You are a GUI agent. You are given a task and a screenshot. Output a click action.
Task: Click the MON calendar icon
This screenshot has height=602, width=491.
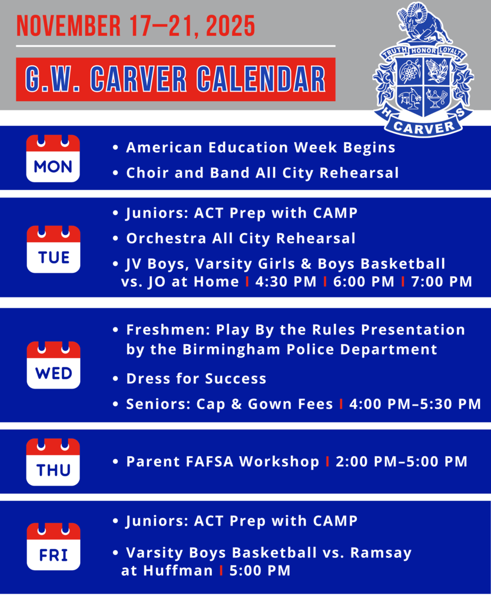click(53, 158)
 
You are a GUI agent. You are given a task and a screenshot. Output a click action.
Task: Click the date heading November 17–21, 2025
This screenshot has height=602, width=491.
click(136, 26)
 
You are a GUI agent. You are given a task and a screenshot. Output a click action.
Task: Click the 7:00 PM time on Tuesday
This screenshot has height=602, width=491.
click(442, 282)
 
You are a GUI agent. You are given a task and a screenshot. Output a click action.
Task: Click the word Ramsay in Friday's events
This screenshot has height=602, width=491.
click(383, 553)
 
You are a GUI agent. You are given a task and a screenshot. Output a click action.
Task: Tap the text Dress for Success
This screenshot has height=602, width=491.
click(196, 379)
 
